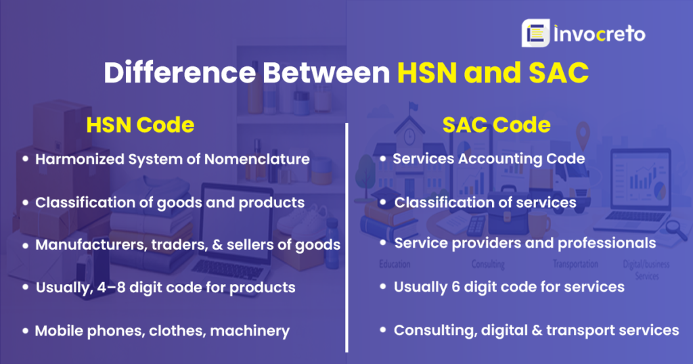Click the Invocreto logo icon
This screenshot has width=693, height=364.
coord(535,33)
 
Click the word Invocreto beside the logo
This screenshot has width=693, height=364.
coord(600,34)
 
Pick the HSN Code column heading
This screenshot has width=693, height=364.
coord(140,125)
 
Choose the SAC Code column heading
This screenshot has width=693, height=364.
coord(497,125)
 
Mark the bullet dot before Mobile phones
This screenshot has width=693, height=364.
coord(25,331)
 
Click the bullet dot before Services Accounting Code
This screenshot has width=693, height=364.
coord(383,159)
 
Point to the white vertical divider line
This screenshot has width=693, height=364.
coord(346,237)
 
